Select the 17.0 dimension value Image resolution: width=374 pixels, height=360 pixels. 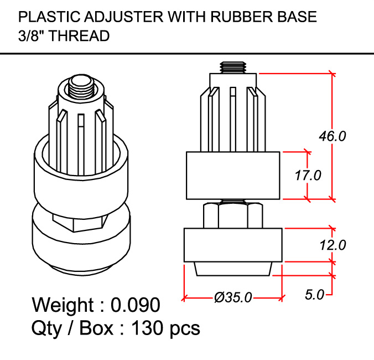pos(308,176)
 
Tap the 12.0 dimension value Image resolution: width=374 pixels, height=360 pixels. pos(332,244)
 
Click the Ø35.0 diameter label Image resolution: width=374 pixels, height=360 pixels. pos(233,298)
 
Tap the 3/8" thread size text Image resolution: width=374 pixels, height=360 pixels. pos(30,36)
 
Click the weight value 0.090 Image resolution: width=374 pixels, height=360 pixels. pos(136,305)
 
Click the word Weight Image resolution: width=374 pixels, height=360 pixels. pos(63,305)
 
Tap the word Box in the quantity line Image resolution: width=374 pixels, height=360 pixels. pos(96,328)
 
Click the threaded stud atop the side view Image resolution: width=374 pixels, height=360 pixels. pos(233,68)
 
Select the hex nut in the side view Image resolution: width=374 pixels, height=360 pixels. pos(233,214)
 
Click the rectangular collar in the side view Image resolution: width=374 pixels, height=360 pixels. pos(233,175)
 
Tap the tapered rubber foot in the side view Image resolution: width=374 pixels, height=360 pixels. pos(233,268)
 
